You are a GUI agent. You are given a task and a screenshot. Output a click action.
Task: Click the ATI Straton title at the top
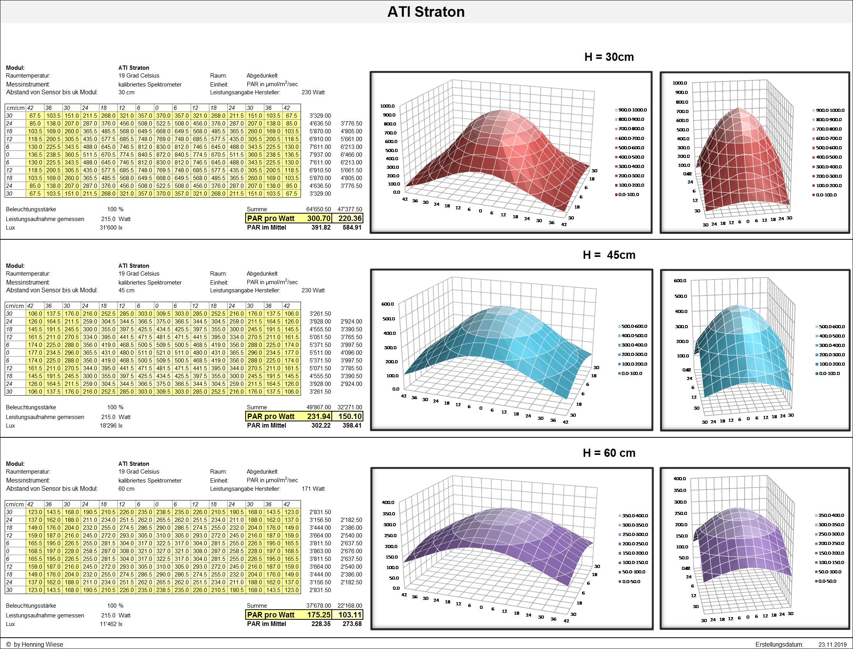426,12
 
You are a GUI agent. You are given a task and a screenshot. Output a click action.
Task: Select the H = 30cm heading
609,57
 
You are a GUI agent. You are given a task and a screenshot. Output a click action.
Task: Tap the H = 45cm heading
609,255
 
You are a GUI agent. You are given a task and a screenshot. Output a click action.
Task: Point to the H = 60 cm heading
609,453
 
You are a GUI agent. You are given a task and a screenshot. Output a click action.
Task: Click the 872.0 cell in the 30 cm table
163,155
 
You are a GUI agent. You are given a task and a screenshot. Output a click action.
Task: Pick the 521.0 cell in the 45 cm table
163,353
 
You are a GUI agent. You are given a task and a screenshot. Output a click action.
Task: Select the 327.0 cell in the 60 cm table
163,551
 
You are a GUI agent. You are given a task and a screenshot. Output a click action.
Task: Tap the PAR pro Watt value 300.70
319,218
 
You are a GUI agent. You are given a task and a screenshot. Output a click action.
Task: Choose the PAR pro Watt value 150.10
350,416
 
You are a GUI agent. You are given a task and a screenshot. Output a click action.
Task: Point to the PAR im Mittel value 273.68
352,624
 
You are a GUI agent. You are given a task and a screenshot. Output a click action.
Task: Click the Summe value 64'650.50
318,209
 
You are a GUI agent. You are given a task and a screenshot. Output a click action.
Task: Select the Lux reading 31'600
108,228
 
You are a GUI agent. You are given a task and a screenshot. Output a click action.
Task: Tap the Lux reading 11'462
108,624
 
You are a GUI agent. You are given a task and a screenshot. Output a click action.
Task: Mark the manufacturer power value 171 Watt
313,489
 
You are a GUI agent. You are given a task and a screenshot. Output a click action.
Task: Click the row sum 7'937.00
320,155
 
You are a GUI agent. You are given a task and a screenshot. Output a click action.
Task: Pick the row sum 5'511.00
320,353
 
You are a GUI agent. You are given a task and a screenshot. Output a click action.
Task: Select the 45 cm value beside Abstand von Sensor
126,290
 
